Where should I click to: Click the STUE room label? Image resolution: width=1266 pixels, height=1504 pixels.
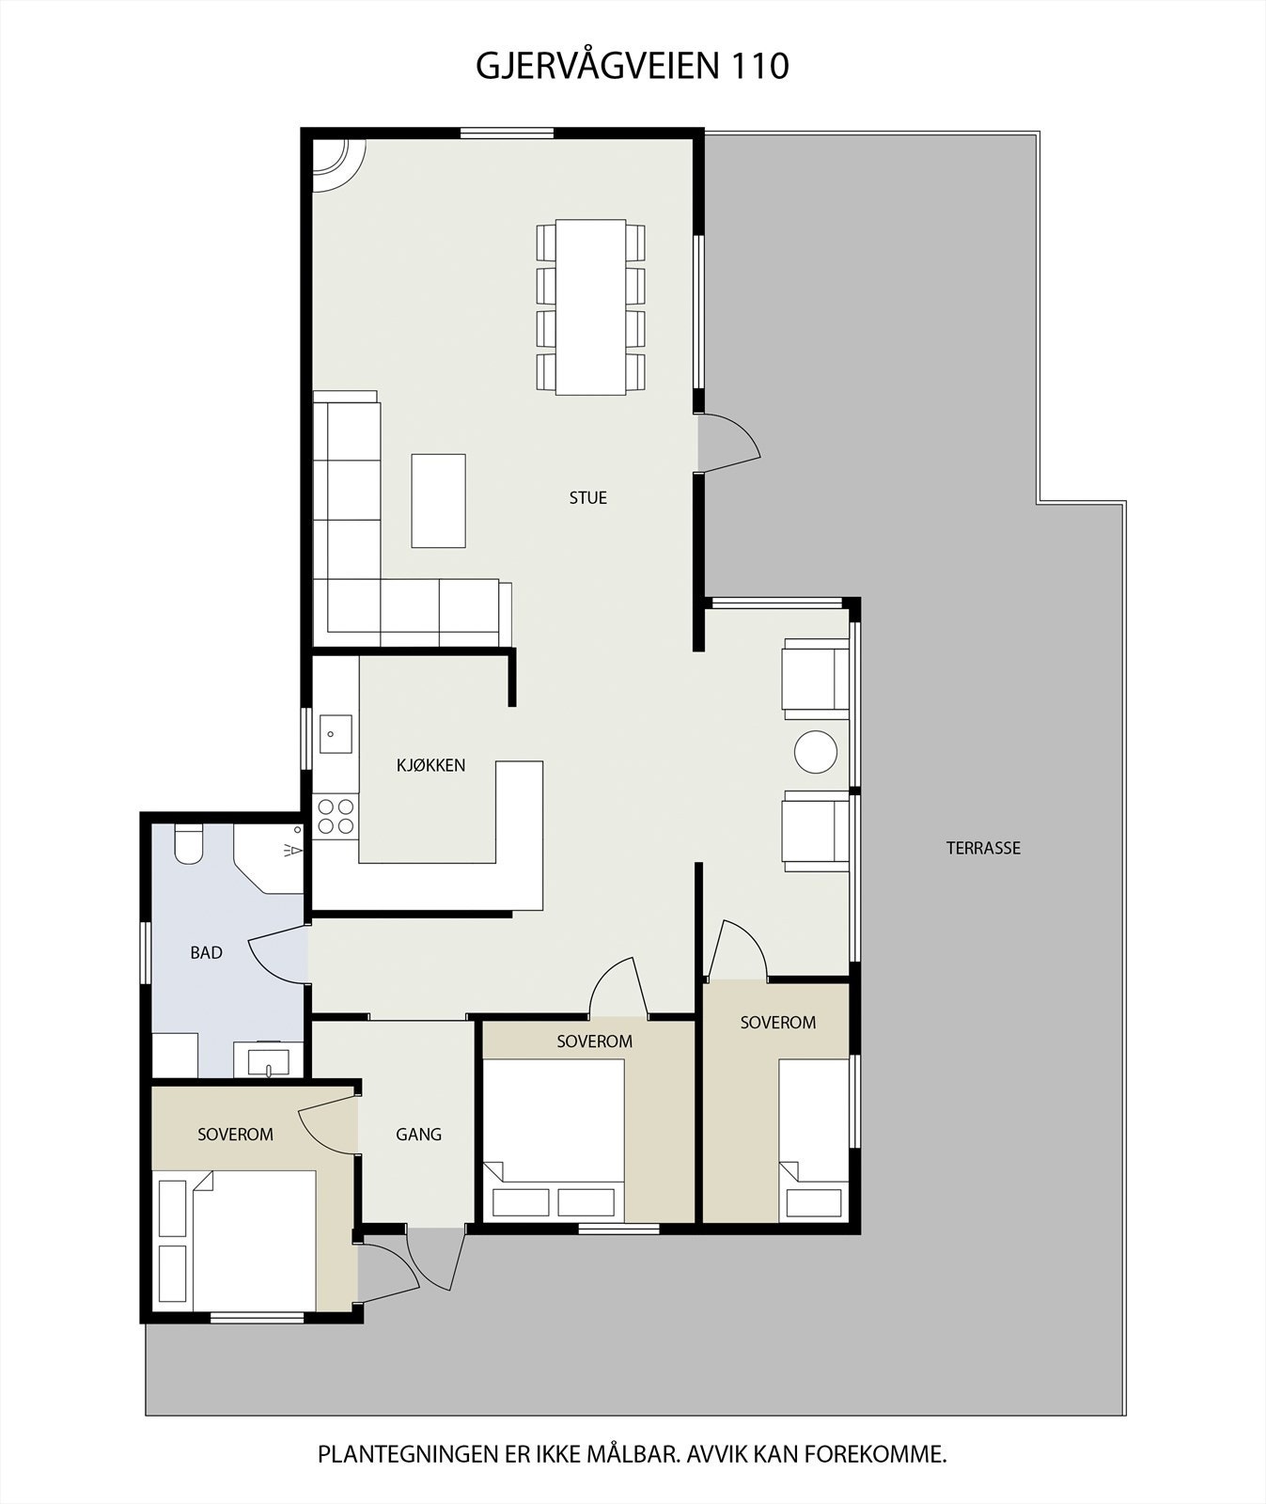click(x=588, y=498)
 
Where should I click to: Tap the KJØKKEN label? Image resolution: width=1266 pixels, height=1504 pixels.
click(x=431, y=765)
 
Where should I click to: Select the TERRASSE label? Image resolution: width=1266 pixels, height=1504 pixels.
click(x=983, y=848)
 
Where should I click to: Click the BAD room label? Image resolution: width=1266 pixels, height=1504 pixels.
click(x=207, y=953)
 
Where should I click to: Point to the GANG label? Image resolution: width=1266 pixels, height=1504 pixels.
click(x=419, y=1135)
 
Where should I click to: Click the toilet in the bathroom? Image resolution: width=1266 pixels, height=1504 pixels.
click(x=189, y=843)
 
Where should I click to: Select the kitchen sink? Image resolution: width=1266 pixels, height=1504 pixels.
click(x=336, y=734)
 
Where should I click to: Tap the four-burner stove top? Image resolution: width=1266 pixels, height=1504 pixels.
click(x=336, y=816)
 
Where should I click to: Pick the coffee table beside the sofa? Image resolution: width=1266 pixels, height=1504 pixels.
click(x=439, y=500)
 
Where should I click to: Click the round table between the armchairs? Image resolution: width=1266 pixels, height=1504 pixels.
click(x=816, y=752)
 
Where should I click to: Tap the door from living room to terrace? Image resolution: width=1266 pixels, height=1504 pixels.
click(x=729, y=442)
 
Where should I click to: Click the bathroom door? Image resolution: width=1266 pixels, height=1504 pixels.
click(x=278, y=953)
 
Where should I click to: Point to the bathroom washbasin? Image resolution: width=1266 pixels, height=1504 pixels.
click(x=270, y=1060)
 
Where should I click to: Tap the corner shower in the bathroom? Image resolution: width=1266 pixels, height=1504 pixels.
click(x=269, y=859)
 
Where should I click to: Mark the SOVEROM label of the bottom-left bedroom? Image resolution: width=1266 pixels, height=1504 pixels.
click(x=235, y=1135)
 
